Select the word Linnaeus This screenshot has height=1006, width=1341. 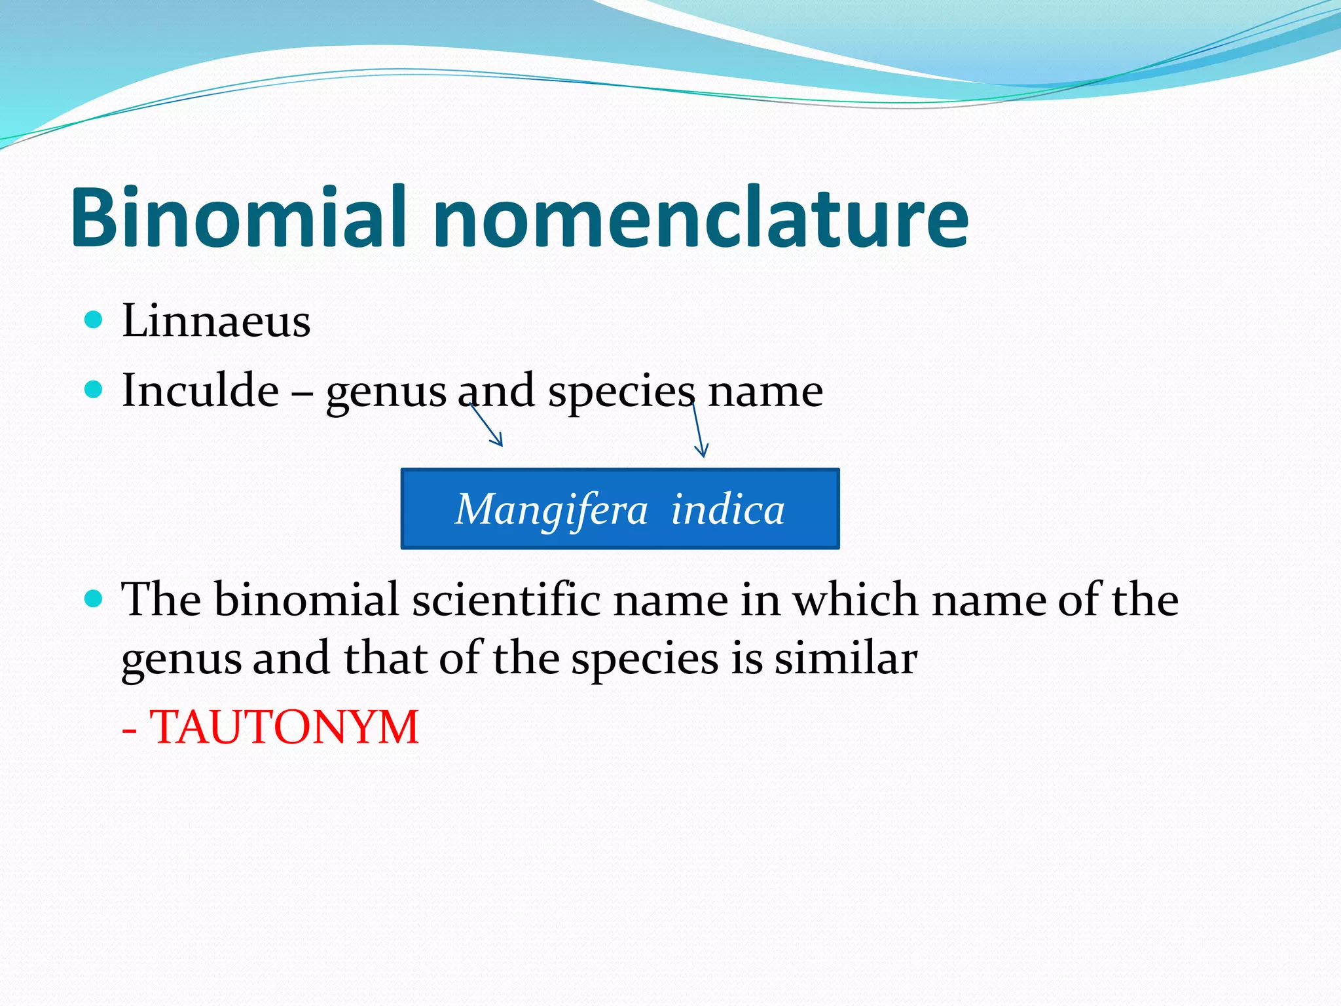click(216, 321)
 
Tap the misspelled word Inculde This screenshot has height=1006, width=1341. click(200, 390)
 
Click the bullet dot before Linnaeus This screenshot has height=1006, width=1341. click(94, 320)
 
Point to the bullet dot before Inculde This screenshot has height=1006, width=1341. click(94, 390)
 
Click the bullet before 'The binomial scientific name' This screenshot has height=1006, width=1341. click(94, 598)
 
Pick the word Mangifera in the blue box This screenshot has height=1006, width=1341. click(551, 510)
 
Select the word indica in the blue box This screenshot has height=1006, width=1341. click(727, 510)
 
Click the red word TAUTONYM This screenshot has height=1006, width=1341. click(284, 727)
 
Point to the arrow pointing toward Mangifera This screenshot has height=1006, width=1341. click(487, 426)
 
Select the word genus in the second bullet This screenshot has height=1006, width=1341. click(386, 393)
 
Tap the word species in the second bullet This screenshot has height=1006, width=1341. click(621, 393)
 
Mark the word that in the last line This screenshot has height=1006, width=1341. click(384, 658)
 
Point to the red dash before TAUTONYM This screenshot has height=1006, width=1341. click(130, 729)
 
